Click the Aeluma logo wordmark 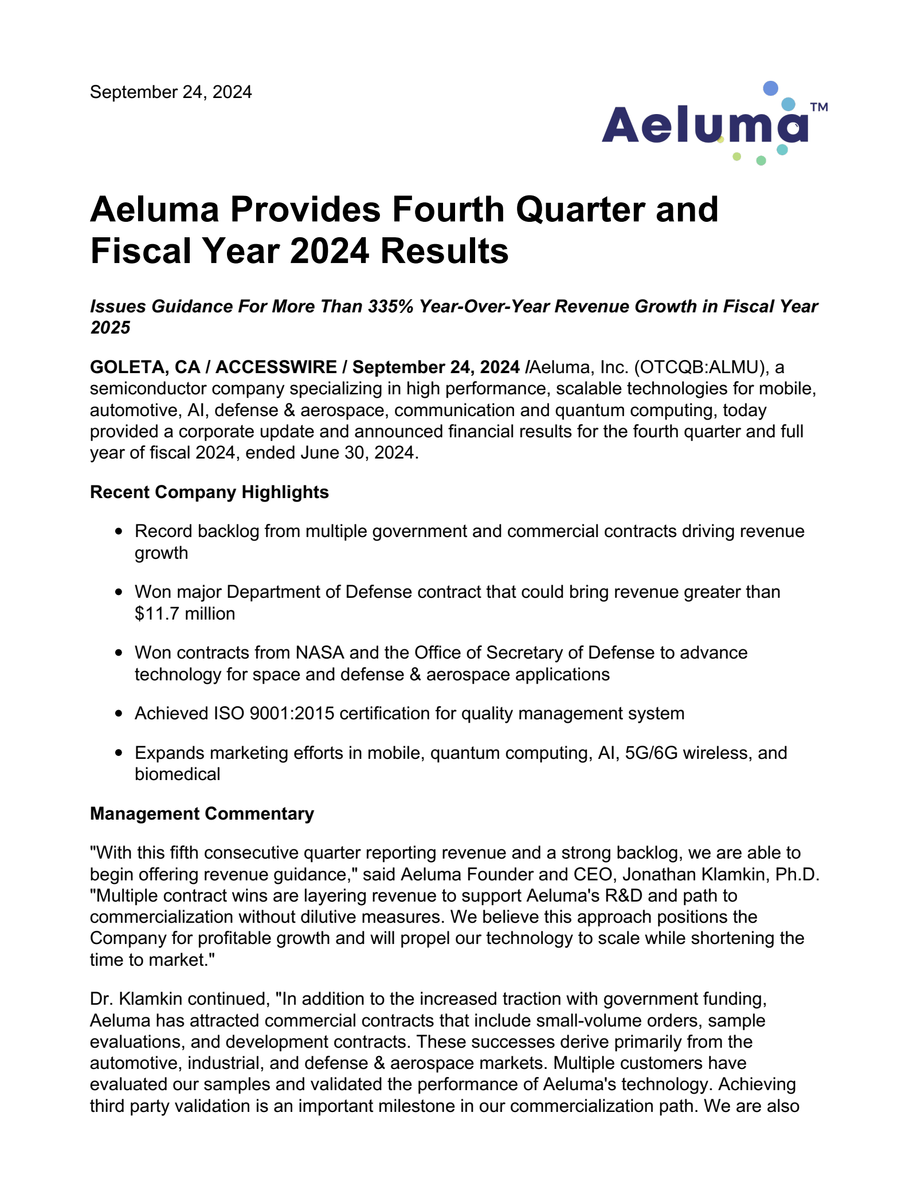click(704, 125)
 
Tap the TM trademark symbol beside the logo click(819, 107)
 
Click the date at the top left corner click(171, 92)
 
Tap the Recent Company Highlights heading click(209, 492)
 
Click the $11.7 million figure click(185, 614)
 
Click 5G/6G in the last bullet click(651, 753)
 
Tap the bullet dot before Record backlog click(119, 532)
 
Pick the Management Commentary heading click(202, 814)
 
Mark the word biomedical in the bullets click(177, 774)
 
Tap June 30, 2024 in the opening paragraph click(358, 453)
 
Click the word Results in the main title click(444, 252)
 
